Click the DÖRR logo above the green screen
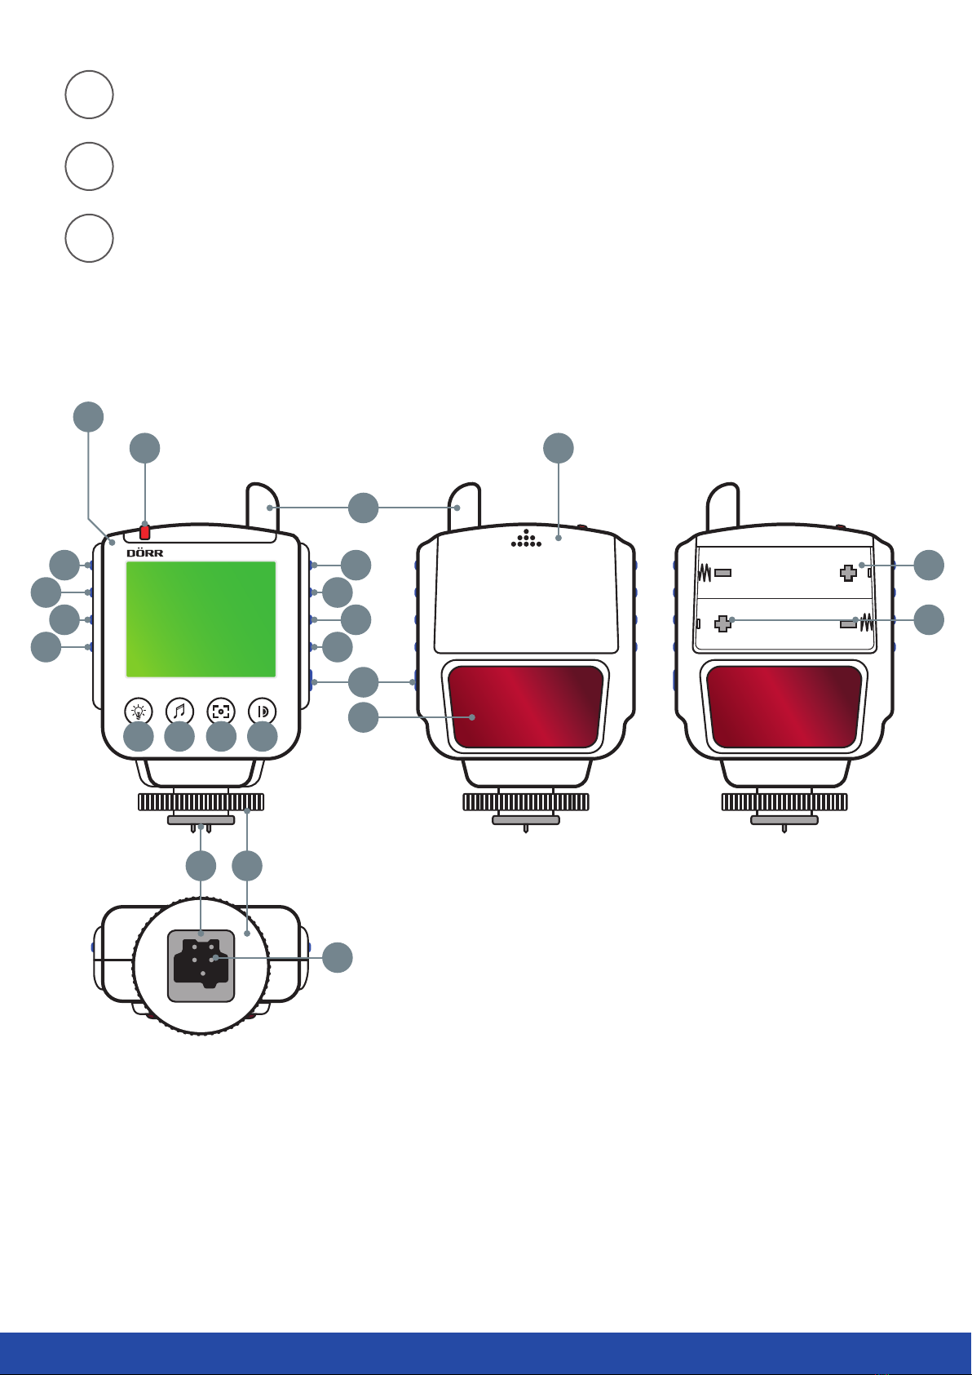(144, 553)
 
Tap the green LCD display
(201, 619)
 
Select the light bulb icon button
(139, 712)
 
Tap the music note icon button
(179, 712)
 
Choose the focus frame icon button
(221, 712)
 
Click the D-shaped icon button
(263, 712)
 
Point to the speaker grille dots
(526, 539)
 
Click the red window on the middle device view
(526, 707)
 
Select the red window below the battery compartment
(784, 707)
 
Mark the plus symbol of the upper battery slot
(848, 574)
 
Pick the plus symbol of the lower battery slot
(723, 624)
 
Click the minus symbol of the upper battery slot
(722, 573)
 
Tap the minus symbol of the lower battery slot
(849, 623)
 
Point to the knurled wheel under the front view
(201, 801)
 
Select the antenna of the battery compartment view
(723, 508)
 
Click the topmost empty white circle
(89, 95)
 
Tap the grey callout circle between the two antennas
(363, 508)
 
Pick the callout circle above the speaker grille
(559, 448)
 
